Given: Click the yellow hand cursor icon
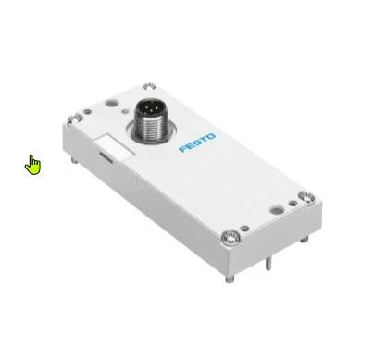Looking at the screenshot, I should click(33, 166).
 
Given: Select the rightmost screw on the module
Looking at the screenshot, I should click(306, 197).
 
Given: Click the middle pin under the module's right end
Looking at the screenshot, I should click(268, 264).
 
